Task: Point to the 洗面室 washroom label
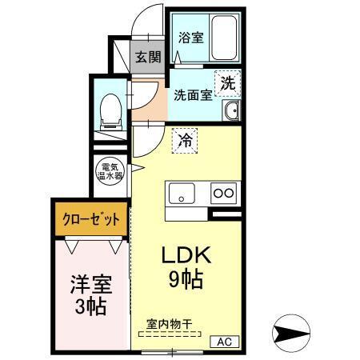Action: [x=194, y=94]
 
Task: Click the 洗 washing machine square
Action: [x=228, y=82]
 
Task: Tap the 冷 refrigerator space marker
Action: [x=185, y=141]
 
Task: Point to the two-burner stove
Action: [x=222, y=193]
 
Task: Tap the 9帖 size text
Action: [x=185, y=280]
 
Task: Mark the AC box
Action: [x=224, y=341]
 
